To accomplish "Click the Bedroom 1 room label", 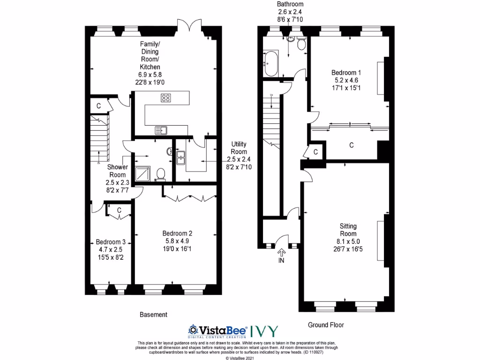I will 346,73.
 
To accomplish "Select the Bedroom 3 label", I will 111,242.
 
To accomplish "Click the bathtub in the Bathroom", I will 271,63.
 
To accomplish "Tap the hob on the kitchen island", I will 165,98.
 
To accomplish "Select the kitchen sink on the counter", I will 162,130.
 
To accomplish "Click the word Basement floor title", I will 153,315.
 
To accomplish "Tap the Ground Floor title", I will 327,325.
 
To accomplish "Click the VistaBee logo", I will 217,330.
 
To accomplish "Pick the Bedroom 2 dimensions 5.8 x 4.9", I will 178,241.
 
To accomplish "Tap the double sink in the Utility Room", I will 181,157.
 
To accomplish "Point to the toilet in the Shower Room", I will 160,174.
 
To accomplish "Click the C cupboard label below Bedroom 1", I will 352,145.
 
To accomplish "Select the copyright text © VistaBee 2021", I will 240,358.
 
